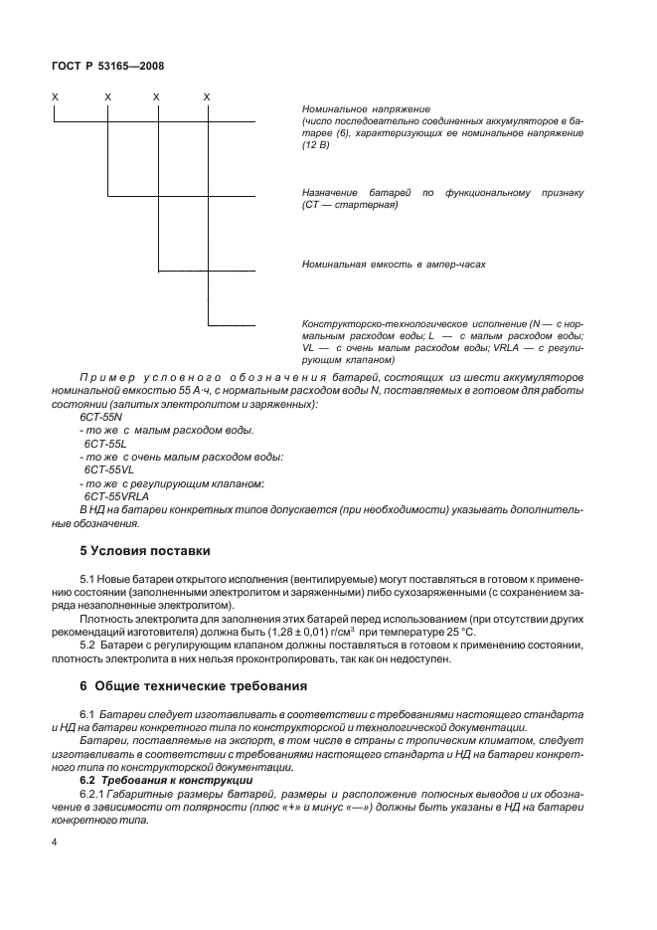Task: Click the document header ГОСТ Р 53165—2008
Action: (x=108, y=66)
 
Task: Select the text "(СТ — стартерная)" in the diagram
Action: (x=349, y=204)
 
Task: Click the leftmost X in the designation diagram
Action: (x=56, y=96)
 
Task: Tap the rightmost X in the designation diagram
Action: (x=207, y=96)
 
